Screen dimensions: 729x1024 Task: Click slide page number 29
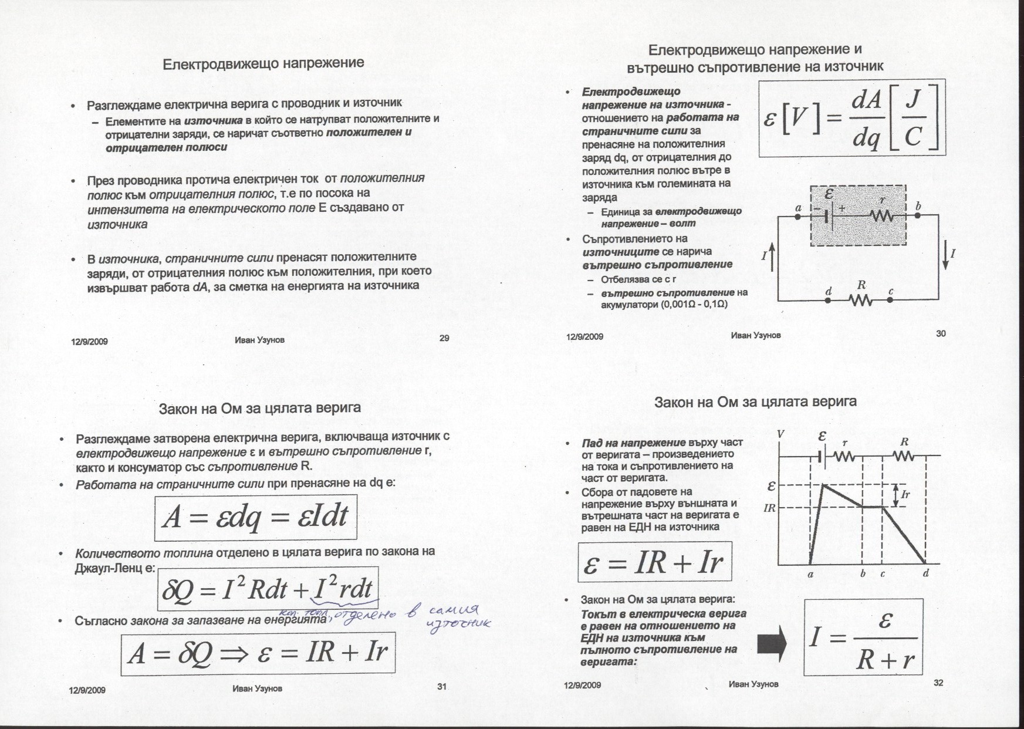[x=444, y=338]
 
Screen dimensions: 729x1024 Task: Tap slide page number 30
[x=941, y=333]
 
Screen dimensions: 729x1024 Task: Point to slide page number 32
[x=938, y=683]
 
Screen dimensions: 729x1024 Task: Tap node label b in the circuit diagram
[x=918, y=206]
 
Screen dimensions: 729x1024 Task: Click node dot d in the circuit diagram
[x=828, y=299]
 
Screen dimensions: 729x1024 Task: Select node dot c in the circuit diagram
[x=890, y=299]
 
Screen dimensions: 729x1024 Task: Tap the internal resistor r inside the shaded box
[x=882, y=216]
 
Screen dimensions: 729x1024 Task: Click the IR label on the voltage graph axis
[x=770, y=508]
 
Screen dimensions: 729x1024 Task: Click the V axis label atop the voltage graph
[x=780, y=434]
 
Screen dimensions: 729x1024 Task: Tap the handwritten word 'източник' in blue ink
[x=459, y=624]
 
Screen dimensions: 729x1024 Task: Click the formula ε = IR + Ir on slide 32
[x=654, y=562]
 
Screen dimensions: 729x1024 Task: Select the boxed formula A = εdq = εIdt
[x=255, y=518]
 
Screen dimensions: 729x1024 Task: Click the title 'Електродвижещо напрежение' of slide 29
[x=263, y=63]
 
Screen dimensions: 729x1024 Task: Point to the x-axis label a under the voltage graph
[x=810, y=574]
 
